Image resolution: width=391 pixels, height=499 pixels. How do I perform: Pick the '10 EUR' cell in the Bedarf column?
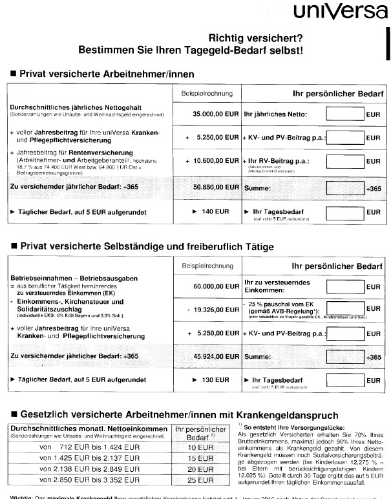tap(196, 447)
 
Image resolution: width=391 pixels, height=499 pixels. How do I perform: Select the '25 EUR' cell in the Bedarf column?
tap(196, 480)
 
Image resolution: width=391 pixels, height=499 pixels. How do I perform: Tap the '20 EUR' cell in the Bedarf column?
tap(196, 469)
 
